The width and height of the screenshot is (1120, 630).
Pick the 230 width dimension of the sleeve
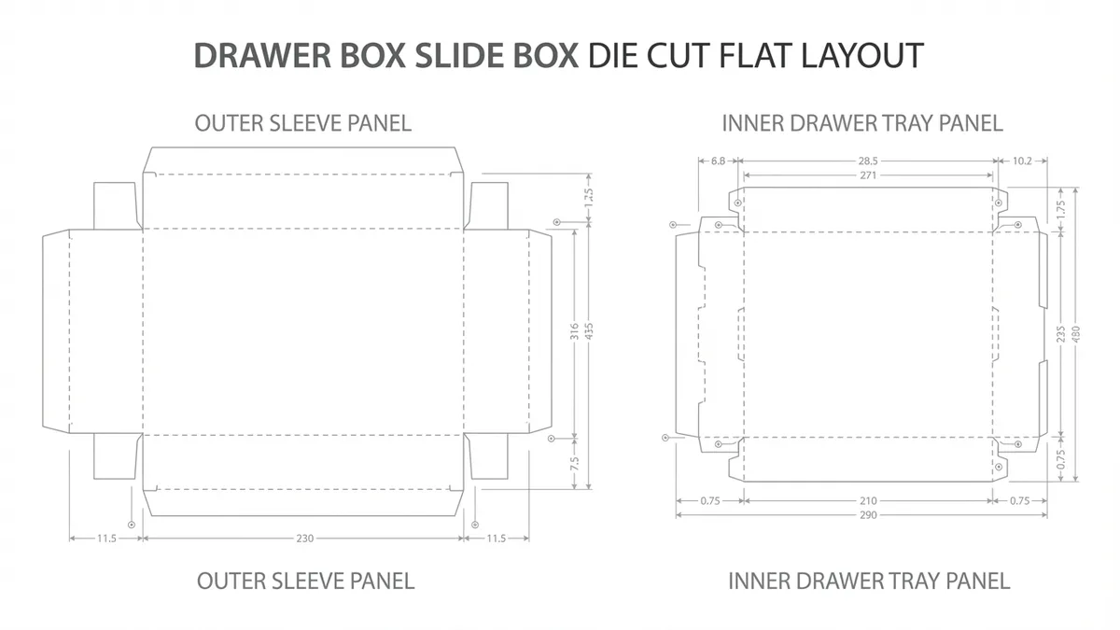(304, 539)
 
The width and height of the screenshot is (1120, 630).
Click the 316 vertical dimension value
(575, 330)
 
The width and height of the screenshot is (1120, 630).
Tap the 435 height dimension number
(589, 330)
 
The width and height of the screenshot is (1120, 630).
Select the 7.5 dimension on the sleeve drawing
(575, 462)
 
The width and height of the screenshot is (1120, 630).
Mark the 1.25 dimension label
(589, 198)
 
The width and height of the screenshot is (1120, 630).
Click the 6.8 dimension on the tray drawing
(719, 161)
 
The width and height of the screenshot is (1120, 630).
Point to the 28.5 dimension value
(868, 161)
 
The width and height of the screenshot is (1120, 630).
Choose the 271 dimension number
(868, 175)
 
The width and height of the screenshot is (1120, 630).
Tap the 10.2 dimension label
(1022, 161)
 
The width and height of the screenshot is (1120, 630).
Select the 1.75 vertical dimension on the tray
(1060, 209)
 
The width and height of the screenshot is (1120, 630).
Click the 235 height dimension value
(1060, 334)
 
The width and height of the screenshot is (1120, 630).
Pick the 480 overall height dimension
(1075, 334)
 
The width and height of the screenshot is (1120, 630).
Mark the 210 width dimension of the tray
(868, 500)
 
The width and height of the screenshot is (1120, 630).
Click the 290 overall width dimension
(868, 515)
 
